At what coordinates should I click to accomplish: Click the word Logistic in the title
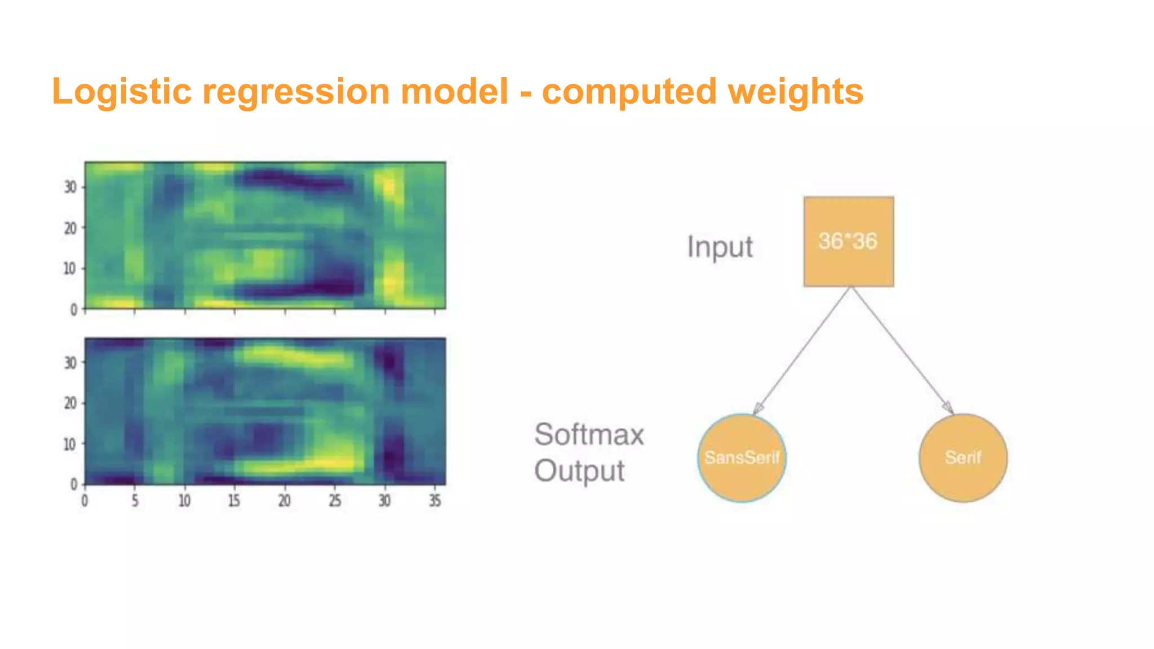click(x=122, y=92)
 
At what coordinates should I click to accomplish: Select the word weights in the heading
click(x=796, y=92)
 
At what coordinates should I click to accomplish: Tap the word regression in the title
click(x=296, y=92)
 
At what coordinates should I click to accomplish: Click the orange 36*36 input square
click(x=848, y=242)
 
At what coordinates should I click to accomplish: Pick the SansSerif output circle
click(x=742, y=457)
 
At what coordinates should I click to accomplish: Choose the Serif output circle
click(x=963, y=457)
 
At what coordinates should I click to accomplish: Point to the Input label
click(x=720, y=247)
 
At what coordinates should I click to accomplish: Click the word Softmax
click(x=589, y=434)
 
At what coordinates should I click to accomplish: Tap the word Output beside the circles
click(x=579, y=470)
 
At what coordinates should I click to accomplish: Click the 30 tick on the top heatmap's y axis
click(x=70, y=187)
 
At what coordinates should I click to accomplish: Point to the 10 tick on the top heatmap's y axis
click(x=70, y=269)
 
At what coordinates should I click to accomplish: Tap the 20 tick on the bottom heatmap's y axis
click(x=70, y=403)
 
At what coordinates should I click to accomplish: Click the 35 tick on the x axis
click(x=434, y=500)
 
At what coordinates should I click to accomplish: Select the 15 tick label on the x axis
click(x=234, y=500)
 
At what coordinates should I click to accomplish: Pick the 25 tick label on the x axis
click(x=335, y=500)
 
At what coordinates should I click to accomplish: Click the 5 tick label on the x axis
click(x=135, y=500)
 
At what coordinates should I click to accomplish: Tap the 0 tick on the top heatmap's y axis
click(x=73, y=309)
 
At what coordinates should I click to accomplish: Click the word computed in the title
click(x=629, y=92)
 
